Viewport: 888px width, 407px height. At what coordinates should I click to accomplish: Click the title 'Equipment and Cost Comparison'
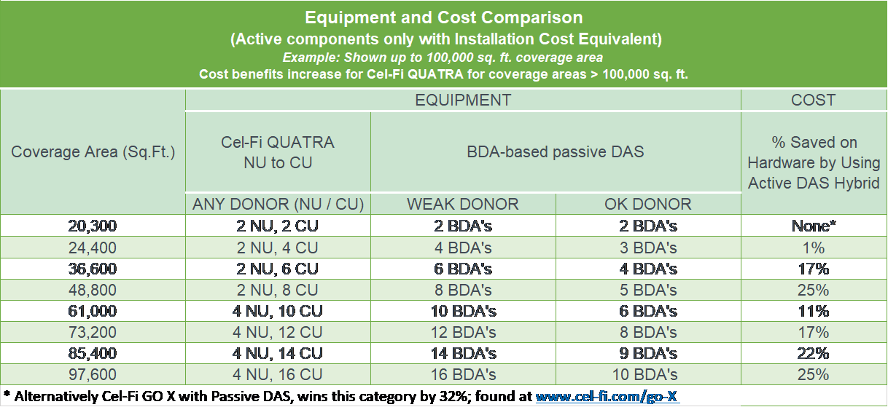pyautogui.click(x=443, y=17)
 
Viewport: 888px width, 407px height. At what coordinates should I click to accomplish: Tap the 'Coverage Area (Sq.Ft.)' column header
pyautogui.click(x=93, y=152)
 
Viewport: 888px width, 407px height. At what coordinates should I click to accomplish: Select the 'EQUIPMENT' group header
pyautogui.click(x=463, y=100)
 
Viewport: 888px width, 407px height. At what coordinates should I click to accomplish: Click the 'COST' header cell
pyautogui.click(x=814, y=100)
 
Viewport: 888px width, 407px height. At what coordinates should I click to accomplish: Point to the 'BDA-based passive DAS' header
pyautogui.click(x=556, y=152)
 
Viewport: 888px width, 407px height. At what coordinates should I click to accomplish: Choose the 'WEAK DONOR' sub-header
pyautogui.click(x=463, y=204)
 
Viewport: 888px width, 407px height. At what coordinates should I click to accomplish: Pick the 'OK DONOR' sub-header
pyautogui.click(x=648, y=204)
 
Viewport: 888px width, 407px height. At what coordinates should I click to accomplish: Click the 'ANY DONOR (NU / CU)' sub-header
pyautogui.click(x=278, y=204)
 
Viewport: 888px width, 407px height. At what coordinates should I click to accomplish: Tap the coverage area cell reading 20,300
pyautogui.click(x=92, y=226)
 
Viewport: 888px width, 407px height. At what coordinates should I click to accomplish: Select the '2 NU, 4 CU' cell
pyautogui.click(x=278, y=248)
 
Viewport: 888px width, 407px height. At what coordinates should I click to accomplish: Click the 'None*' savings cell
pyautogui.click(x=814, y=226)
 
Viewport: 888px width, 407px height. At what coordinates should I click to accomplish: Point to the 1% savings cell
pyautogui.click(x=814, y=248)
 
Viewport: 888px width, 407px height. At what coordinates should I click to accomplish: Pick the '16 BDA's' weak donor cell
pyautogui.click(x=464, y=375)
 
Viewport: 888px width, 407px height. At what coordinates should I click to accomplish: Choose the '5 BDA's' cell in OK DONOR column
pyautogui.click(x=648, y=290)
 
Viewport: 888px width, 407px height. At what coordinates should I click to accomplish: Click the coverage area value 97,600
pyautogui.click(x=92, y=375)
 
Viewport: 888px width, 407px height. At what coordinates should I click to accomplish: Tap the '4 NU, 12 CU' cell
pyautogui.click(x=278, y=333)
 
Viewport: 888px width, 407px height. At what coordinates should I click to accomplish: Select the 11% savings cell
pyautogui.click(x=814, y=311)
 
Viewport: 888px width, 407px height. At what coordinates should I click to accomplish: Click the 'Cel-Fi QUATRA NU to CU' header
pyautogui.click(x=278, y=152)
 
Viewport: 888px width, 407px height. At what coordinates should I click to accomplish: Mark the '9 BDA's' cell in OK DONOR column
pyautogui.click(x=648, y=354)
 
